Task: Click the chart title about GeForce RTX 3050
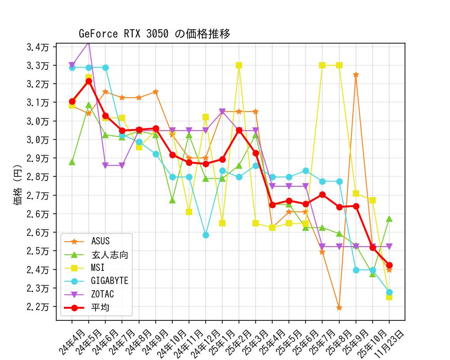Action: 154,34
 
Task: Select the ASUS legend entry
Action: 100,242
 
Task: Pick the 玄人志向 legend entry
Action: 109,255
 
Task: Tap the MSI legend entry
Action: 98,268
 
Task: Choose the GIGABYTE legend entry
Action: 109,281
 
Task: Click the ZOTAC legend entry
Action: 102,294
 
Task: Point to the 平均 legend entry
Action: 100,308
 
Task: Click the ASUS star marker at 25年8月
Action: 339,308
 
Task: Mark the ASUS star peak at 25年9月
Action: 356,75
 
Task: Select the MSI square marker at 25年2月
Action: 239,65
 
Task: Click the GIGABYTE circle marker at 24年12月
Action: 206,235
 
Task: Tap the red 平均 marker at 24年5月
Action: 89,81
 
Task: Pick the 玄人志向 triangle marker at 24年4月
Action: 72,162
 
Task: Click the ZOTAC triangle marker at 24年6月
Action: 105,165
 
